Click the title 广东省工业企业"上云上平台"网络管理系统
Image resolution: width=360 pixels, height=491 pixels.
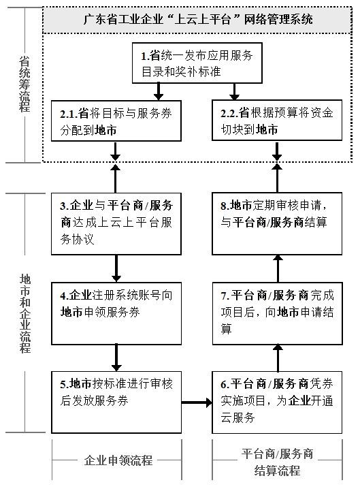[198, 20]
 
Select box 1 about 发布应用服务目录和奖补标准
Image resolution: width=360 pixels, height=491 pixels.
[197, 63]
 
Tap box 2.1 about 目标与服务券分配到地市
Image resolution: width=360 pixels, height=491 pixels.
[116, 121]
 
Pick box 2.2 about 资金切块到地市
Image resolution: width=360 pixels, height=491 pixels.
[277, 121]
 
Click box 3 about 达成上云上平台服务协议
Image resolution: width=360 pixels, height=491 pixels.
[116, 224]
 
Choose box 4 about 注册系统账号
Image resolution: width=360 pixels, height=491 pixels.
[116, 313]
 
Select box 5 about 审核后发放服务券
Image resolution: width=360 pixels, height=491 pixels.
[116, 402]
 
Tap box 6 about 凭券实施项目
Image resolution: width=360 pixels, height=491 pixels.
[277, 402]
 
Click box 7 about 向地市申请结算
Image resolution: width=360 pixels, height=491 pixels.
[277, 313]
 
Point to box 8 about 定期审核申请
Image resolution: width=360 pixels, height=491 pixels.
[277, 223]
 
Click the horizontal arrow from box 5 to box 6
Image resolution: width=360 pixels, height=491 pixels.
[197, 402]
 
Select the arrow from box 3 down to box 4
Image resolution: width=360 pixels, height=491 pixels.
[116, 268]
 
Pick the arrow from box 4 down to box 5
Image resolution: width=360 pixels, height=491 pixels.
[116, 358]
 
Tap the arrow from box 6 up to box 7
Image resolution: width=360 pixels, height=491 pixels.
[278, 358]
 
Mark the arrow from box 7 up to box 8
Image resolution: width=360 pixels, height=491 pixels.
[278, 268]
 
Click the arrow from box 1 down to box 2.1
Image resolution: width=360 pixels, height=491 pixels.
[159, 92]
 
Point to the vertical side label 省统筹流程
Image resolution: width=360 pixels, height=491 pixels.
[24, 84]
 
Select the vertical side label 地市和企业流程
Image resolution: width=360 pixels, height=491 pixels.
[25, 314]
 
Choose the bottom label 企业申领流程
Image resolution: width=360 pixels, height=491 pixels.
[118, 460]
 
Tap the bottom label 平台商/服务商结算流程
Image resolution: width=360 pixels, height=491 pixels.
[278, 462]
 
